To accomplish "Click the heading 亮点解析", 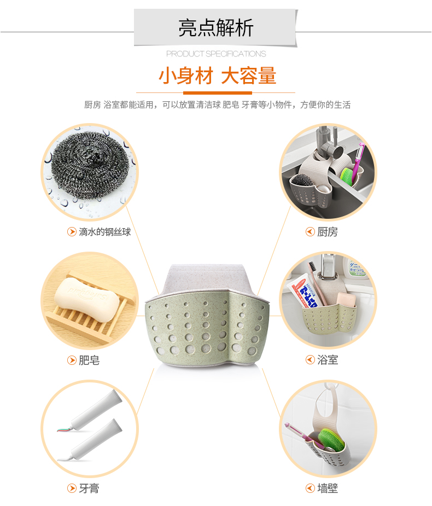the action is [x=216, y=28].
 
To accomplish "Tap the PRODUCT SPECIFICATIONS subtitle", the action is [x=216, y=54].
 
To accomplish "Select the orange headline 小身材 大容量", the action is [x=217, y=76].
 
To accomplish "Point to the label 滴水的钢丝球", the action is [x=105, y=232].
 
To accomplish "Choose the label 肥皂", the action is [x=89, y=360].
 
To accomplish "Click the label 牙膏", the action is [x=89, y=488].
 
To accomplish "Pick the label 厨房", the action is [x=328, y=232].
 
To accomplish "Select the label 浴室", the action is [x=328, y=360].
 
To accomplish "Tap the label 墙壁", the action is [x=328, y=488].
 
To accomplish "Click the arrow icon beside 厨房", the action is [x=310, y=232].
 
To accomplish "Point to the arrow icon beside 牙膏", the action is [x=72, y=488].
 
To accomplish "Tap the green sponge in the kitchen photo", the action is [x=347, y=176].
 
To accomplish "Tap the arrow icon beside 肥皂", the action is [x=72, y=360].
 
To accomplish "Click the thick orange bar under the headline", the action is [x=218, y=93].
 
